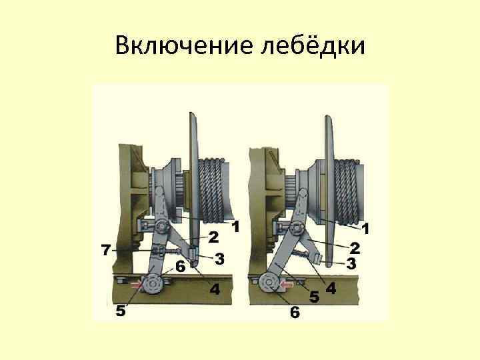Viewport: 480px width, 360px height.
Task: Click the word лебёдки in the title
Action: [x=313, y=46]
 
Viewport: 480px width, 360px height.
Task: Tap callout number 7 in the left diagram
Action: [x=106, y=251]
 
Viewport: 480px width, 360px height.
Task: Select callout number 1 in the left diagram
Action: [x=235, y=227]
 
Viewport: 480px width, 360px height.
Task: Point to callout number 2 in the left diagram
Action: [x=213, y=237]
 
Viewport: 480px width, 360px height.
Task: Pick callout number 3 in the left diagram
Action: [x=219, y=259]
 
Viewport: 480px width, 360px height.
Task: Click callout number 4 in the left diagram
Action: [x=215, y=289]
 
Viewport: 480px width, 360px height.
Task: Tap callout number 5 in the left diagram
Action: [x=121, y=311]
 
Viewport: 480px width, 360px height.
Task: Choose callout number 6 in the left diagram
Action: [x=180, y=267]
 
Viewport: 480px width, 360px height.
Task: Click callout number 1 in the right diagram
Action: [x=365, y=229]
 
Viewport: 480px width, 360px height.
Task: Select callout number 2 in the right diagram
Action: [x=355, y=248]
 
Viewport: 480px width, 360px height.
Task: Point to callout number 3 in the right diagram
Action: [x=351, y=263]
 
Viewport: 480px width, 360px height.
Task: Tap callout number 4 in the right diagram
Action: [x=331, y=288]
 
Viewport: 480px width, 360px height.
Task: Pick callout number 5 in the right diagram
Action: [x=314, y=296]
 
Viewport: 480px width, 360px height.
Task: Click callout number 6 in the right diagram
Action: [x=295, y=312]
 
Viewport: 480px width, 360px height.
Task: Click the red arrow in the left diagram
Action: [x=137, y=285]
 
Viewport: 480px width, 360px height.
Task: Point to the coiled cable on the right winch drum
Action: [x=347, y=192]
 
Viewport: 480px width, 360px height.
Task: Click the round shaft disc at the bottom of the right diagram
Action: [x=269, y=283]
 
